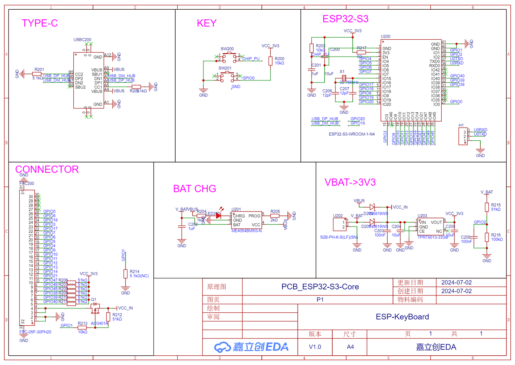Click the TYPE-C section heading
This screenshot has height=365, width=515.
pyautogui.click(x=40, y=23)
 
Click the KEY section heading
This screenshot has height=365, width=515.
pyautogui.click(x=207, y=23)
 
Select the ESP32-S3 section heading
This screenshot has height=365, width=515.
pyautogui.click(x=345, y=19)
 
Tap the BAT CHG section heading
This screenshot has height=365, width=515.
pyautogui.click(x=195, y=189)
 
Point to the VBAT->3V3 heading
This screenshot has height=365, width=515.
pyautogui.click(x=350, y=182)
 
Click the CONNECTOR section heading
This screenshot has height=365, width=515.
pyautogui.click(x=47, y=169)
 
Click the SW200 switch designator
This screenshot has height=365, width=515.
pyautogui.click(x=227, y=49)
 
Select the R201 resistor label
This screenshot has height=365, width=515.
pyautogui.click(x=39, y=70)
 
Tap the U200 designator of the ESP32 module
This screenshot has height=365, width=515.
pyautogui.click(x=386, y=36)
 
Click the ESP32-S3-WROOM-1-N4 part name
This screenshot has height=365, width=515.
pyautogui.click(x=352, y=134)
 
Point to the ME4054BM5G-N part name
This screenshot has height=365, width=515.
pyautogui.click(x=246, y=231)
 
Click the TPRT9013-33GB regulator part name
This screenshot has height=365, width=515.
pyautogui.click(x=433, y=237)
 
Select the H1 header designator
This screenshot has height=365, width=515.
pyautogui.click(x=461, y=126)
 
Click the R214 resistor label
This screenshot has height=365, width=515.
pyautogui.click(x=134, y=272)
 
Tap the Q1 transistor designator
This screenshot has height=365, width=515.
pyautogui.click(x=93, y=300)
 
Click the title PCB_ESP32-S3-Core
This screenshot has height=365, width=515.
pyautogui.click(x=320, y=287)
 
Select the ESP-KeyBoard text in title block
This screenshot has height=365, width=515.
pyautogui.click(x=402, y=317)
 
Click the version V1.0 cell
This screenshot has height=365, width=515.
pyautogui.click(x=315, y=347)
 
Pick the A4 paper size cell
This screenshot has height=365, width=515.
pyautogui.click(x=350, y=347)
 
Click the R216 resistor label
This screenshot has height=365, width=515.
pyautogui.click(x=496, y=235)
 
